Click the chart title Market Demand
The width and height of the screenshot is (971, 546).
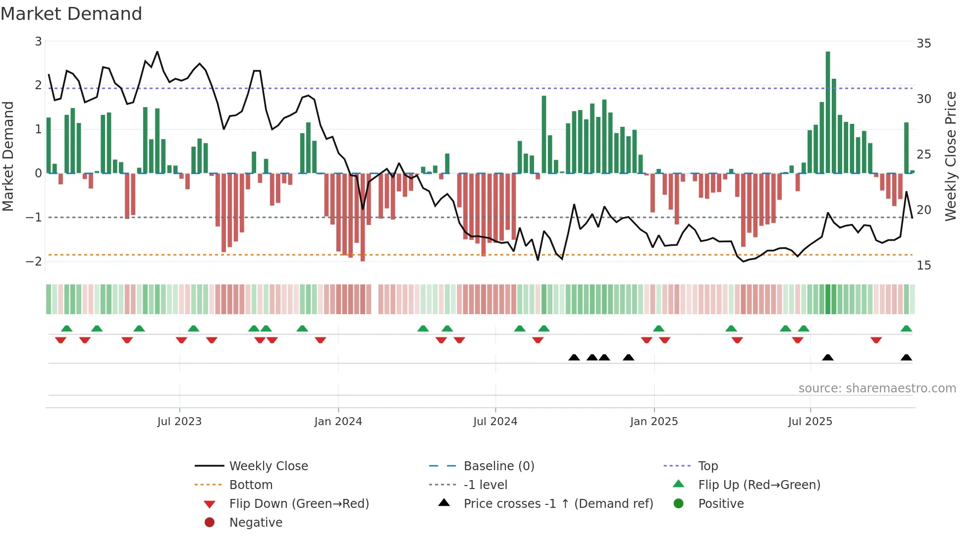pyautogui.click(x=71, y=14)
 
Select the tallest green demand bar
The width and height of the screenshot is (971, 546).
pyautogui.click(x=828, y=112)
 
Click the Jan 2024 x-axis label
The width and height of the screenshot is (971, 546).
pyautogui.click(x=338, y=422)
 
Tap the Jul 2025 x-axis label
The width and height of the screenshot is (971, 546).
pyautogui.click(x=810, y=422)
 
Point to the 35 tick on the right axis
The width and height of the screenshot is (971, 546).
pyautogui.click(x=923, y=44)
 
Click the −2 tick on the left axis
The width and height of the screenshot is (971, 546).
pyautogui.click(x=34, y=261)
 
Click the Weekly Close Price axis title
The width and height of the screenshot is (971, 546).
pyautogui.click(x=950, y=156)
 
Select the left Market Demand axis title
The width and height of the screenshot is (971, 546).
pyautogui.click(x=8, y=156)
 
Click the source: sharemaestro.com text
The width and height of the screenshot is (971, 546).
pyautogui.click(x=877, y=388)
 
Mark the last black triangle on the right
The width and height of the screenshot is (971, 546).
pyautogui.click(x=906, y=358)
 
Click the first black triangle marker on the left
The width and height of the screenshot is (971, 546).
pyautogui.click(x=574, y=358)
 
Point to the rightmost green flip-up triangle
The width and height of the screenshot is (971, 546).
pyautogui.click(x=906, y=329)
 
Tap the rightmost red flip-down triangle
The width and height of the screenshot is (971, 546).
pyautogui.click(x=876, y=340)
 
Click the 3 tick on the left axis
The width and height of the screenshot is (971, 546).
pyautogui.click(x=38, y=42)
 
